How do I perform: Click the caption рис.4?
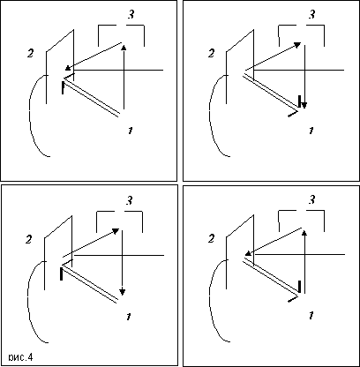(x=20, y=357)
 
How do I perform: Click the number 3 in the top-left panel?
(x=131, y=14)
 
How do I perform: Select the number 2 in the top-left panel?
(x=30, y=53)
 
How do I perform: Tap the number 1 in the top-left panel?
(x=130, y=131)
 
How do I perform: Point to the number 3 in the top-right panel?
(x=312, y=14)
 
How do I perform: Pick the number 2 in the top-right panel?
(x=211, y=53)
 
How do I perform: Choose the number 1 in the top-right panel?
(x=311, y=131)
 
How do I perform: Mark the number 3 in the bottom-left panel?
(x=130, y=200)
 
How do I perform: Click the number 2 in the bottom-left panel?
(x=28, y=239)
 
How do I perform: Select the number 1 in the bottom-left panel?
(x=128, y=317)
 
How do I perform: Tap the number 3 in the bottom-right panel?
(x=312, y=199)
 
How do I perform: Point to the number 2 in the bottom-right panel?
(x=211, y=238)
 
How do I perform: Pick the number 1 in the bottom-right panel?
(x=311, y=316)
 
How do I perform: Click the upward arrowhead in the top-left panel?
(x=124, y=48)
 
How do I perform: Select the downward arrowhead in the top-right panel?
(x=304, y=105)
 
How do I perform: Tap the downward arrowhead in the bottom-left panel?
(x=123, y=292)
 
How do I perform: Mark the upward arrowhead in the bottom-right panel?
(x=304, y=233)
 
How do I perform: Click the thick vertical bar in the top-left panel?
(x=63, y=88)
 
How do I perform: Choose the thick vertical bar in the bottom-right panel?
(x=299, y=287)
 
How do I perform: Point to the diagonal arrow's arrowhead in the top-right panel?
(x=297, y=45)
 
